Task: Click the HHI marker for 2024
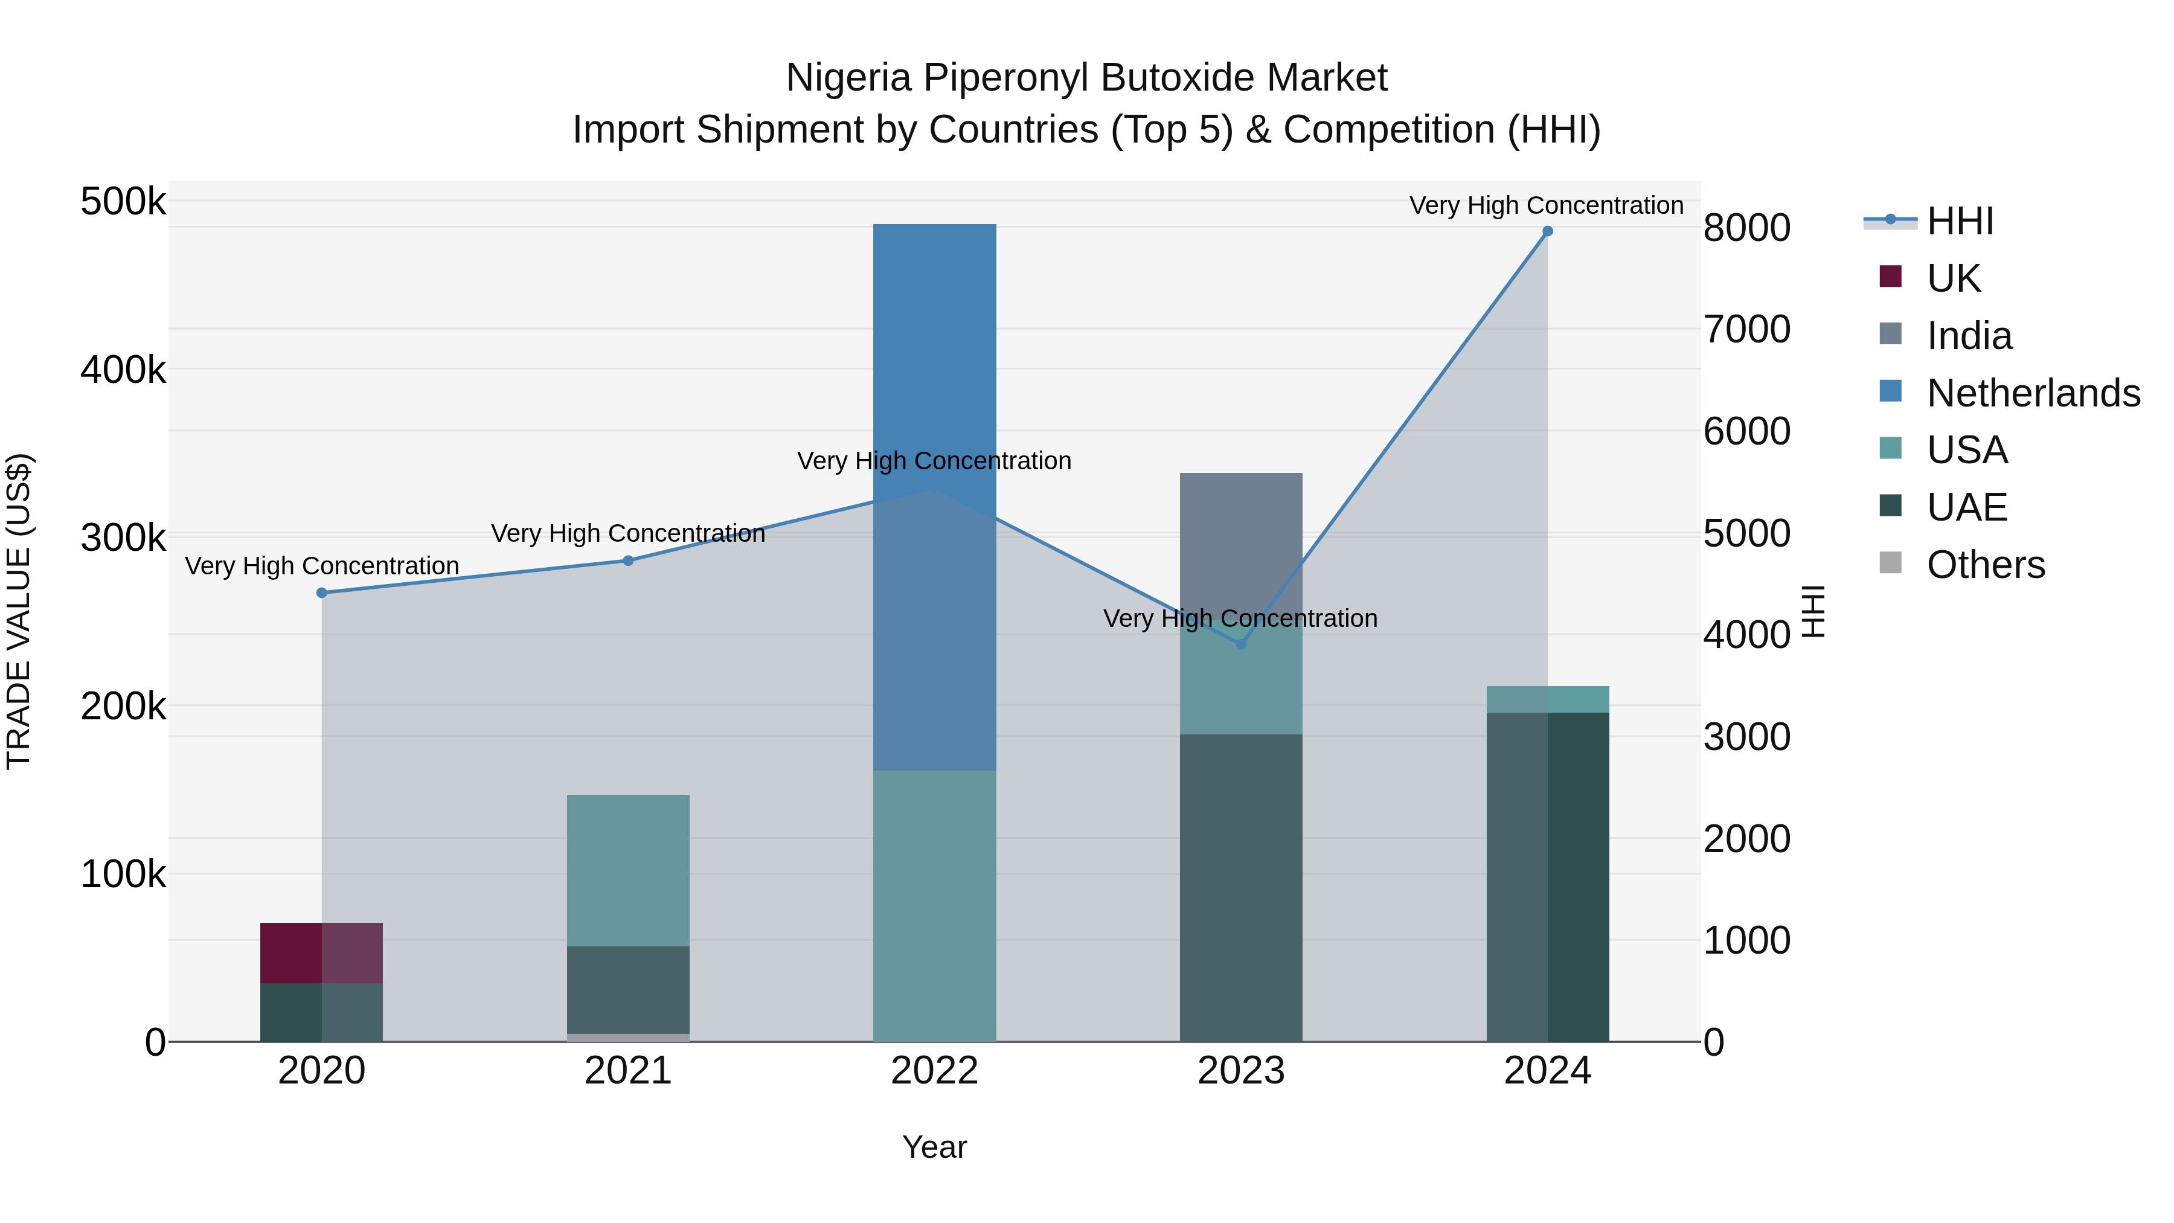point(1547,231)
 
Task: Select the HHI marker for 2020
point(321,593)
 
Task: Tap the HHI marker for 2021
point(628,561)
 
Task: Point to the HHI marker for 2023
point(1240,644)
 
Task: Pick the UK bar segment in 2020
point(321,953)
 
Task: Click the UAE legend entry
point(1966,507)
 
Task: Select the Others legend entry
point(1985,565)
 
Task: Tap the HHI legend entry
point(1960,221)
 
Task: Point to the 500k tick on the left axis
point(123,202)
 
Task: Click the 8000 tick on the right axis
point(1746,228)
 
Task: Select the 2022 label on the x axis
point(934,1071)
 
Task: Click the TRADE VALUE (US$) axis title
point(19,611)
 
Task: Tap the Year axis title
point(934,1147)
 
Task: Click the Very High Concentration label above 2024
point(1546,206)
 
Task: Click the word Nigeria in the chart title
point(848,79)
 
